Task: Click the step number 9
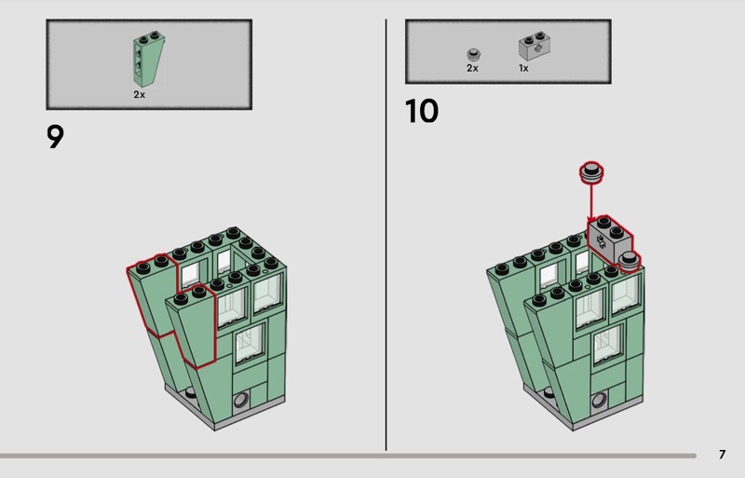click(55, 137)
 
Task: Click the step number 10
click(422, 111)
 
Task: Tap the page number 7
click(723, 455)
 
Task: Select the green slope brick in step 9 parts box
click(149, 60)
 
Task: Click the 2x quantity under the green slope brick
click(139, 95)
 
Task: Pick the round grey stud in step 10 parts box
click(473, 55)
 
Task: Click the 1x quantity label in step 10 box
click(523, 69)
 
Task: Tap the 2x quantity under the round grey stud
click(472, 69)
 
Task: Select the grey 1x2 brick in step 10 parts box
click(535, 47)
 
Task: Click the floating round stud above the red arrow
click(591, 172)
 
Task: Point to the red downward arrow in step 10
click(591, 202)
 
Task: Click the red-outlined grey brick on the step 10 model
click(610, 239)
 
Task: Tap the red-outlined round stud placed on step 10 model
click(630, 262)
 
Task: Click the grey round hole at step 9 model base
click(241, 400)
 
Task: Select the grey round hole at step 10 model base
click(600, 400)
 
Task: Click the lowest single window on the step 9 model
click(250, 344)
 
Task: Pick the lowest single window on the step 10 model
click(608, 344)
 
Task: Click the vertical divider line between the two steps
click(386, 235)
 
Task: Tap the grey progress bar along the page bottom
click(348, 456)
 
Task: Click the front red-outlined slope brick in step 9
click(193, 323)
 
